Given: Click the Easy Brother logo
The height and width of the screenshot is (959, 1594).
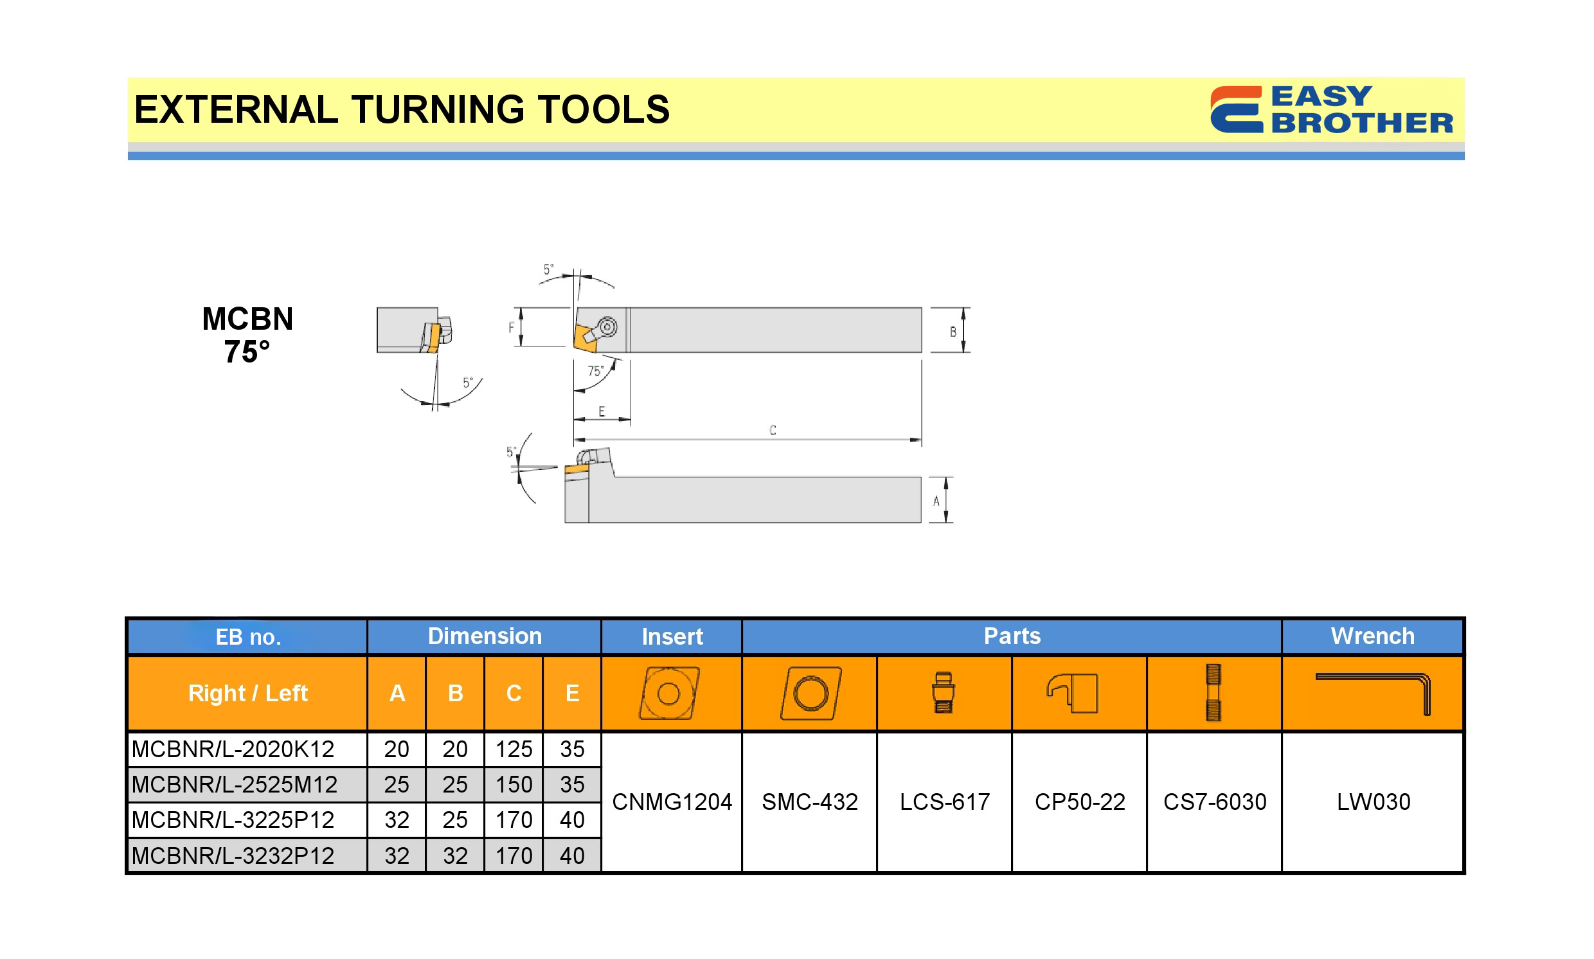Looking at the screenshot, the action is (1331, 109).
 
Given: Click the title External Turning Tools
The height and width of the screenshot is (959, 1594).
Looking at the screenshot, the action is (402, 109).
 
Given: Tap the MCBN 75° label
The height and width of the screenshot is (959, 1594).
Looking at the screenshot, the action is (247, 335).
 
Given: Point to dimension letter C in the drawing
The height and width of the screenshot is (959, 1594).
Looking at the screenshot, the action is (772, 431).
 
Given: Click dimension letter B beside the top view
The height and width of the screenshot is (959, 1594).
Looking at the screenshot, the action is (953, 332).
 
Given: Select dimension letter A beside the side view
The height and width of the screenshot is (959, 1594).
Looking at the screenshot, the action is (936, 501).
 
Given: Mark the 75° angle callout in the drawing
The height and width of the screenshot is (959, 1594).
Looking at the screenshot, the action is (595, 371).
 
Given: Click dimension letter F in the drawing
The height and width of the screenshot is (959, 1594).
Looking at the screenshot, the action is (511, 328).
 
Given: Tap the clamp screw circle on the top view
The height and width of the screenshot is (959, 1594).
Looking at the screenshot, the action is (607, 327).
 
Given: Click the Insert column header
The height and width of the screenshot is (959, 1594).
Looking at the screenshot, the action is (672, 636).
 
